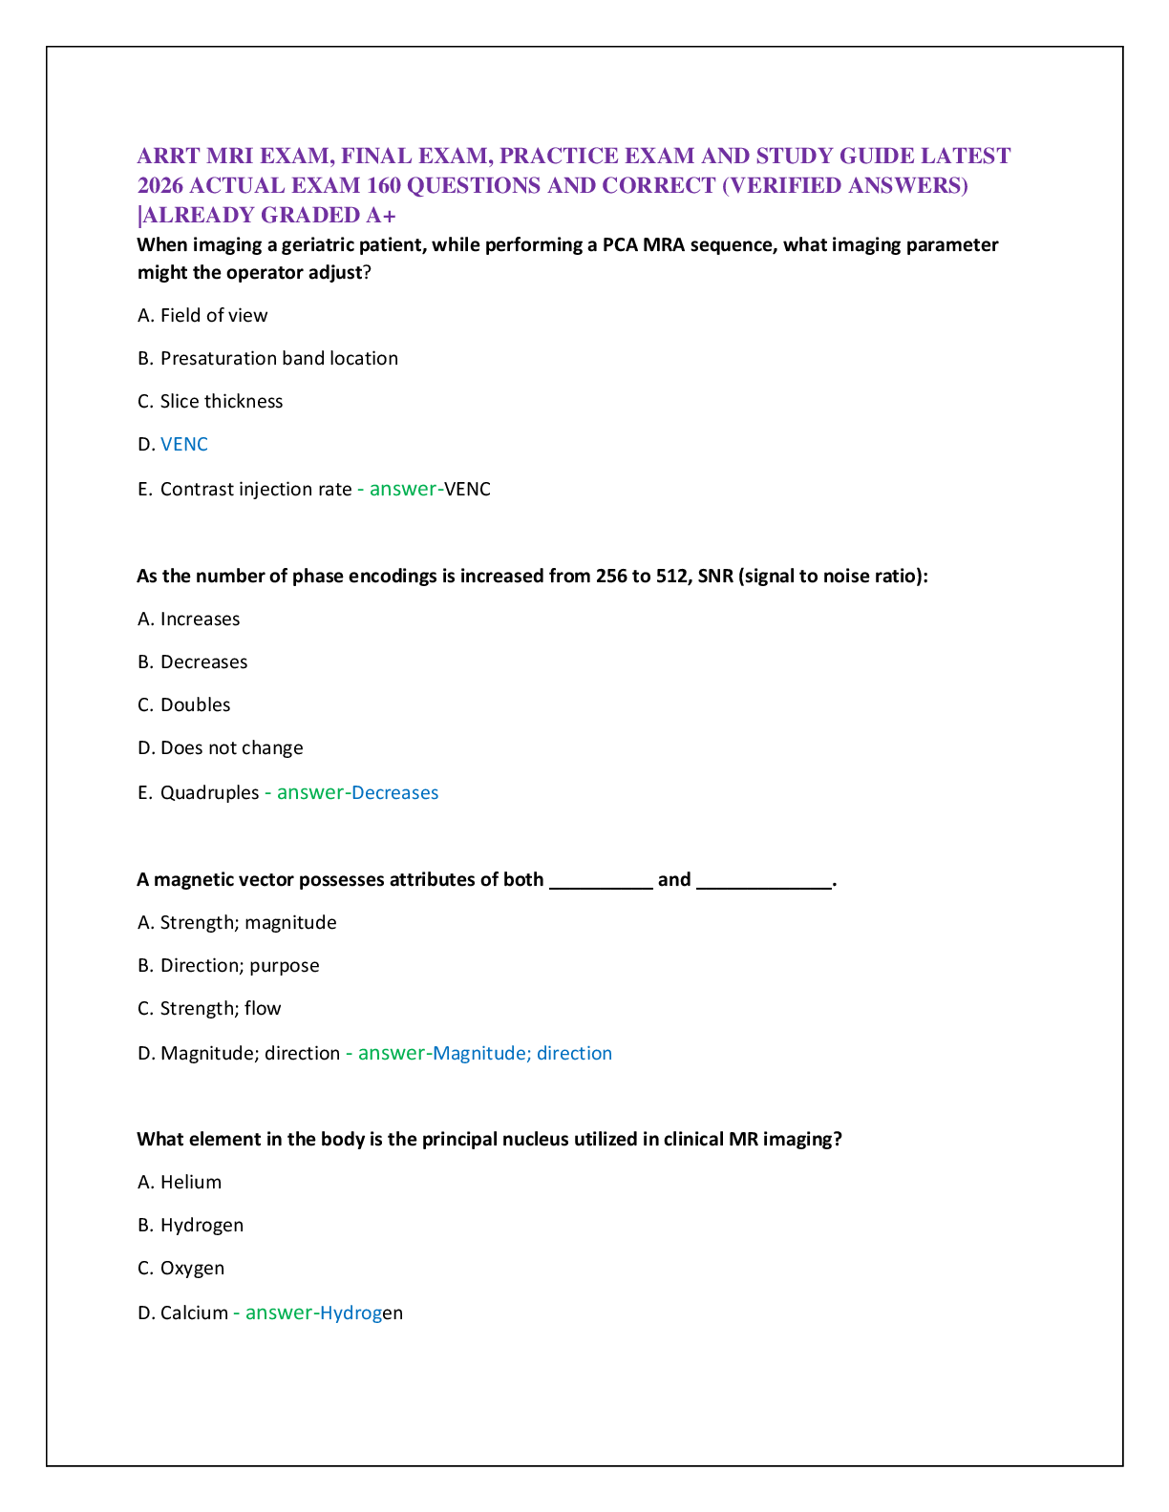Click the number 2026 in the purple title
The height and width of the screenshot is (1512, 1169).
[160, 186]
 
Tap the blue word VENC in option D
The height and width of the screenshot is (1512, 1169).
[183, 444]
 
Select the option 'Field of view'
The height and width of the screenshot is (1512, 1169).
[214, 315]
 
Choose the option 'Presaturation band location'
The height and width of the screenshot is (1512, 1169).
[279, 358]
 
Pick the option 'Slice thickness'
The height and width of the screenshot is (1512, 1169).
[222, 402]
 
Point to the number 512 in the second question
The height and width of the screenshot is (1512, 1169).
[671, 577]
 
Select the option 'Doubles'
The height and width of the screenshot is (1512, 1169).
[195, 704]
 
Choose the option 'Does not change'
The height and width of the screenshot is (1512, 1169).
[232, 748]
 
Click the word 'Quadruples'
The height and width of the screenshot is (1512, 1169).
[209, 792]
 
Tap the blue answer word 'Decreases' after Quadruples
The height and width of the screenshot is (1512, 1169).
[394, 792]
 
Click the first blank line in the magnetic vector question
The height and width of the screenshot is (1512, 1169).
[601, 889]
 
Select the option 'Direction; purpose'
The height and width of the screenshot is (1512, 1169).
[240, 966]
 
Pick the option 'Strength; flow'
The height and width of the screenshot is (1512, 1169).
[221, 1009]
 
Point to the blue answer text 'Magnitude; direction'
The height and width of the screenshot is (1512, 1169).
[522, 1054]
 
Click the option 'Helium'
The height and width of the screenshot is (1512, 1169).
[191, 1182]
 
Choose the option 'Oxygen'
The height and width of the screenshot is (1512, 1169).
[192, 1269]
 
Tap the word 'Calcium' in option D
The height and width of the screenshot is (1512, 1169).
[194, 1313]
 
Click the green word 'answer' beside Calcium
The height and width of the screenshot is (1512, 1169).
[279, 1313]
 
